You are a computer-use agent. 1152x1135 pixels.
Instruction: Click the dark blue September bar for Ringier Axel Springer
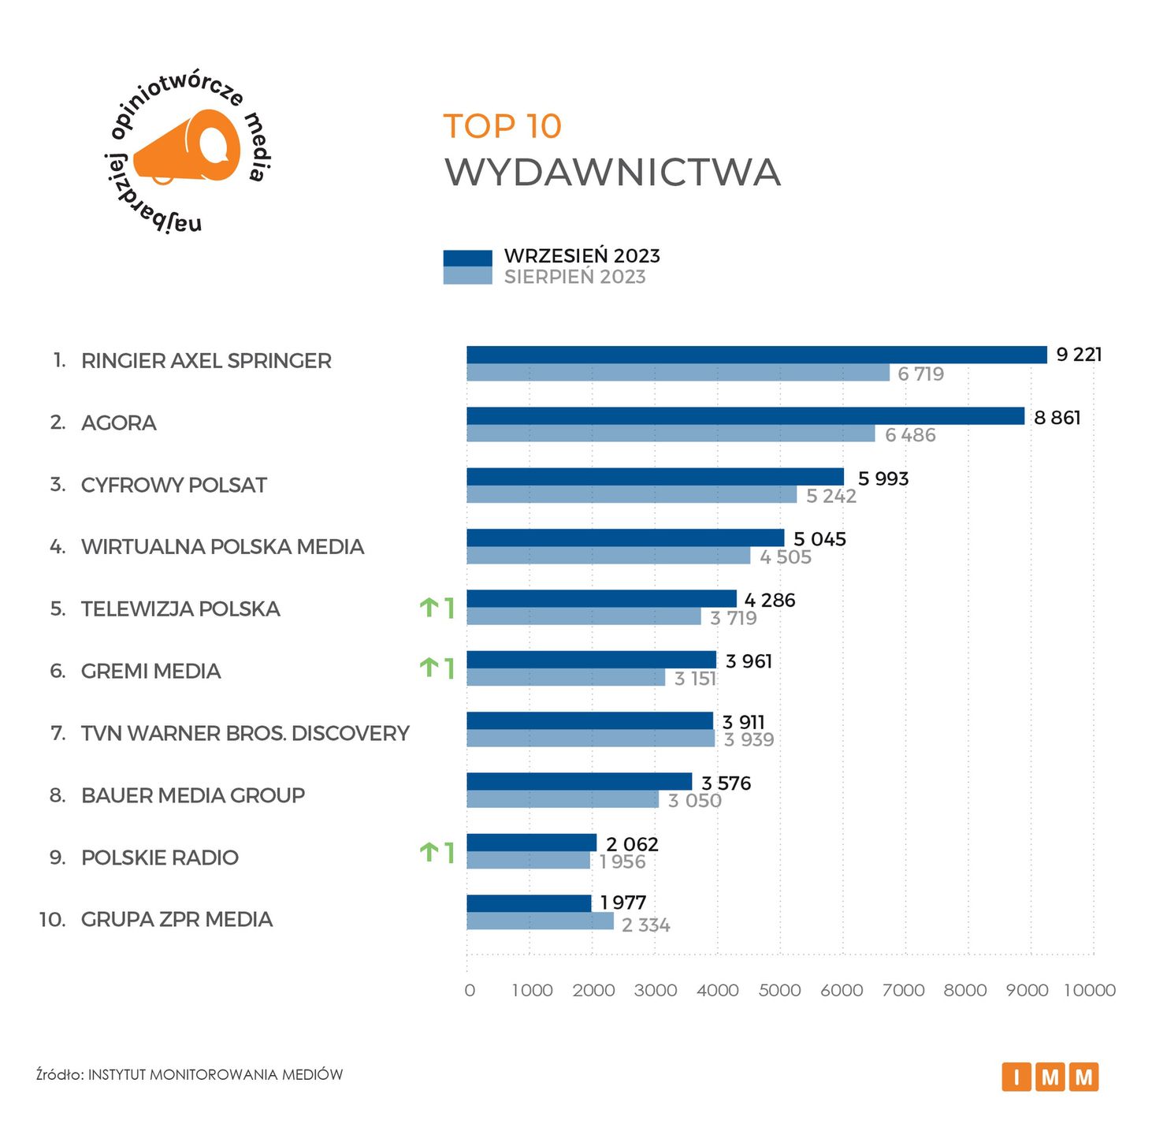coord(756,355)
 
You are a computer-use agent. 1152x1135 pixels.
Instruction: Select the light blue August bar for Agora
coord(671,434)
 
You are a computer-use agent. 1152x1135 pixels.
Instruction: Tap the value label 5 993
coord(883,478)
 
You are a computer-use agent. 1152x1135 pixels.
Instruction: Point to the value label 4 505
coord(785,557)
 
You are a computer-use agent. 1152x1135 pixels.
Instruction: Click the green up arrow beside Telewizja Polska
coord(429,608)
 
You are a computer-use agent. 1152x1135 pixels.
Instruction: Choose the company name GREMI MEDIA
coord(151,671)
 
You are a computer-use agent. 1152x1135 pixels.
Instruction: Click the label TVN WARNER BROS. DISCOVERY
coord(245,733)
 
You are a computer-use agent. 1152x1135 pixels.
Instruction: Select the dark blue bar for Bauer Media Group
coord(579,781)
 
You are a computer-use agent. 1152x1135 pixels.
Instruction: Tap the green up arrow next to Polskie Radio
coord(429,852)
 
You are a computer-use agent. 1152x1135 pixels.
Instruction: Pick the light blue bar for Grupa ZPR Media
coord(540,921)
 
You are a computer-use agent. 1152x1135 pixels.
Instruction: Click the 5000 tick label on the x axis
coord(779,990)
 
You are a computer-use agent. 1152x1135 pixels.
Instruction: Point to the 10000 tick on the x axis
coord(1090,990)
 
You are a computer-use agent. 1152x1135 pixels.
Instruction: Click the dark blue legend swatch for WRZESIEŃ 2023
coord(467,258)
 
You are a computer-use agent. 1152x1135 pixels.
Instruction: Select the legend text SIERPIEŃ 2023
coord(574,277)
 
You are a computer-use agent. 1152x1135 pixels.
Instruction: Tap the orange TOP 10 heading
coord(502,126)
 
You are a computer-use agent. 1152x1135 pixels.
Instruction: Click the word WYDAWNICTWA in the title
coord(612,173)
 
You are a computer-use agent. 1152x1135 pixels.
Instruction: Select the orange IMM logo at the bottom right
coord(1050,1077)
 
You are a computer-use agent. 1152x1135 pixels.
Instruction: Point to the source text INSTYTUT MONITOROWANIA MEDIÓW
coord(215,1074)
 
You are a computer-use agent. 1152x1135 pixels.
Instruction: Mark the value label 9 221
coord(1078,355)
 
